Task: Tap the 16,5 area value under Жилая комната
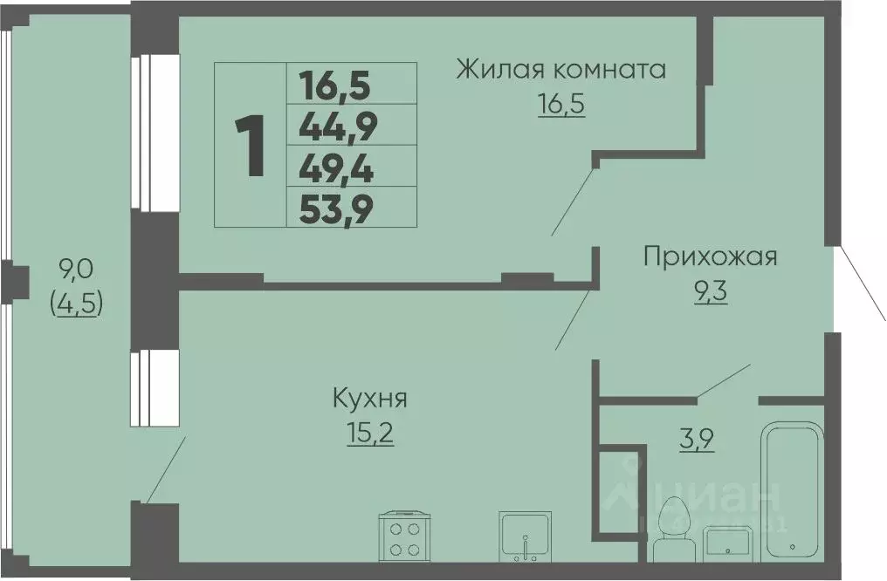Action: tap(560, 104)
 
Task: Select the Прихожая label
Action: tap(710, 256)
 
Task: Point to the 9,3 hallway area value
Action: tap(711, 290)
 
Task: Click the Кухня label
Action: tap(370, 400)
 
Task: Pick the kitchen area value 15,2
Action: tap(370, 433)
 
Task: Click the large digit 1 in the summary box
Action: tap(251, 145)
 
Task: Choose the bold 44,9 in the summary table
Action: tap(337, 128)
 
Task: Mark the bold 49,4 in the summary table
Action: tap(337, 169)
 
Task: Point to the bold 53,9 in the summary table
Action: tap(337, 209)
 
